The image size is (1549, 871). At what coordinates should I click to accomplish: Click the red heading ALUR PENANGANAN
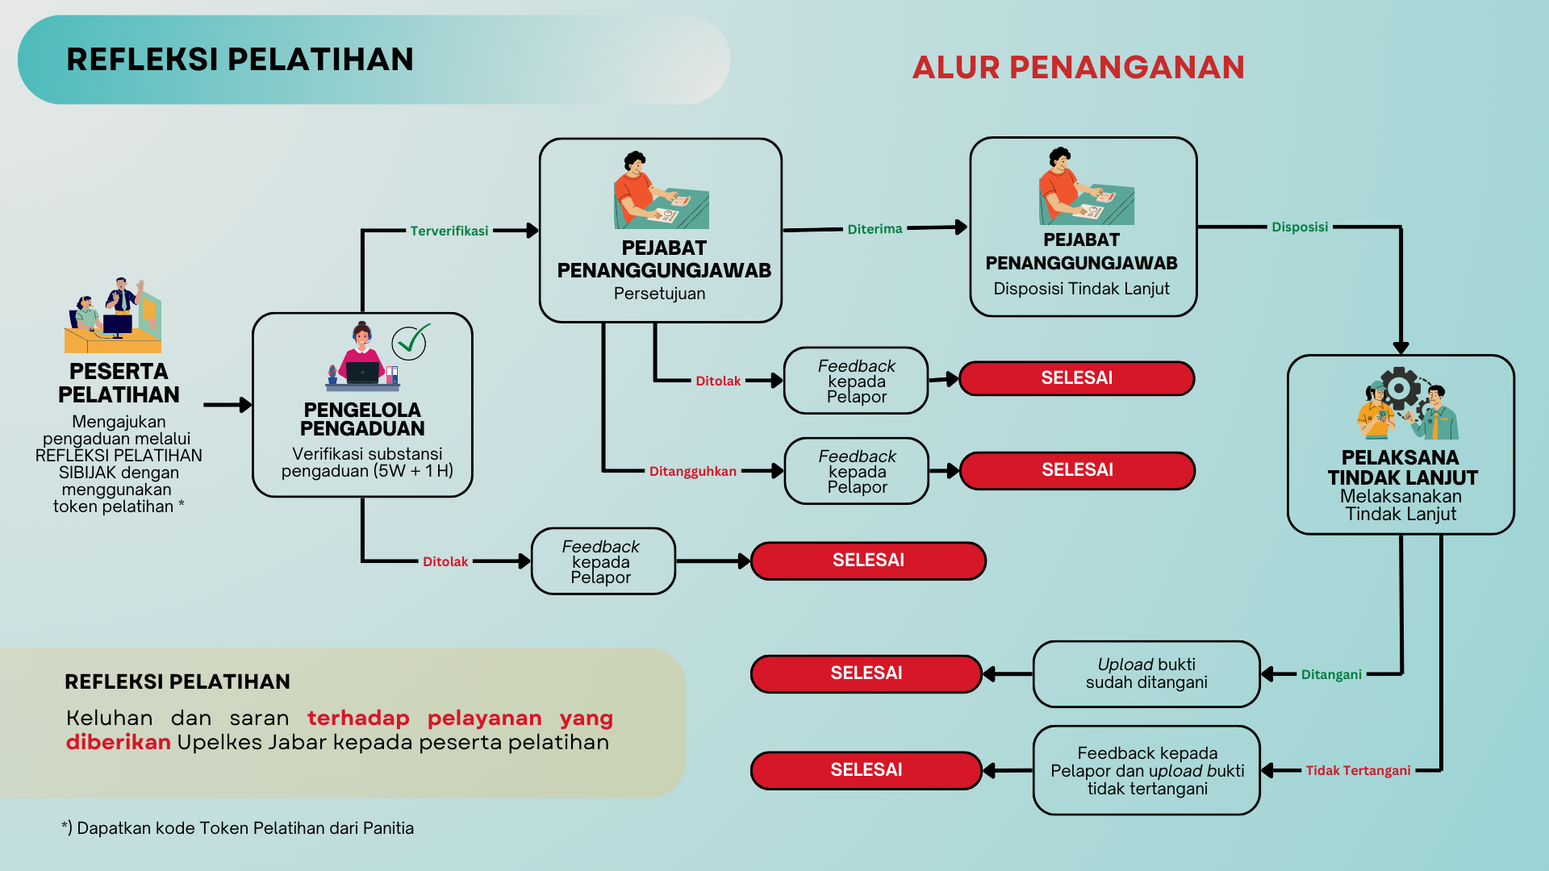coord(1078,68)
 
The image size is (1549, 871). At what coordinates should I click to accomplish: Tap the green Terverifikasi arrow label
coord(449,231)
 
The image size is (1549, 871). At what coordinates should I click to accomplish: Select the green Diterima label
coord(875,230)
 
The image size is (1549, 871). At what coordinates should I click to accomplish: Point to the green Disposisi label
coord(1299,227)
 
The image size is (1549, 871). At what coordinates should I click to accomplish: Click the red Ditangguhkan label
coord(692,472)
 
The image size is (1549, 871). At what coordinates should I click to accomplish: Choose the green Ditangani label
coord(1330,675)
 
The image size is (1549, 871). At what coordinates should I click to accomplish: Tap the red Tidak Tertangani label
coord(1358,771)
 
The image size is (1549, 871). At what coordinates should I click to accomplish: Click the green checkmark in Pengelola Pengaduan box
coord(411,342)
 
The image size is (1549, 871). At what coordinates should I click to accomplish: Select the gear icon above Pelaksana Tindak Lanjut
coord(1400,390)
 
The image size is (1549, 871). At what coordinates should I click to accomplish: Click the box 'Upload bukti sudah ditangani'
coord(1146,674)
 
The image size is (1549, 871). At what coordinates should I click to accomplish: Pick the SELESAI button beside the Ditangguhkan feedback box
coord(1077,471)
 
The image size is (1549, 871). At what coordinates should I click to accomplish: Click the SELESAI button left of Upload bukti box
coord(866,674)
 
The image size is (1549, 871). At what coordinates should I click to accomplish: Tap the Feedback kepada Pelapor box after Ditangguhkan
coord(857,472)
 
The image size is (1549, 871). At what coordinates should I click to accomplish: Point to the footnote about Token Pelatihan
coord(237,828)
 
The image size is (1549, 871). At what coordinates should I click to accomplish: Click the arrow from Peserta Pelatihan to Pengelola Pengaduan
coord(228,405)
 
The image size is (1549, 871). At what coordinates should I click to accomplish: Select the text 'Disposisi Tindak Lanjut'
coord(1081,289)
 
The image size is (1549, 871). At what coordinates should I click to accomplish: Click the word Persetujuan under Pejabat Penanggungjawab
coord(659,294)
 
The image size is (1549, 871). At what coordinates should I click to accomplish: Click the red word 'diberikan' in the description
coord(118,743)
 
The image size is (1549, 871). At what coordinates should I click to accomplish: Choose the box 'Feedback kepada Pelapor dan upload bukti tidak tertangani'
coord(1146,771)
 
